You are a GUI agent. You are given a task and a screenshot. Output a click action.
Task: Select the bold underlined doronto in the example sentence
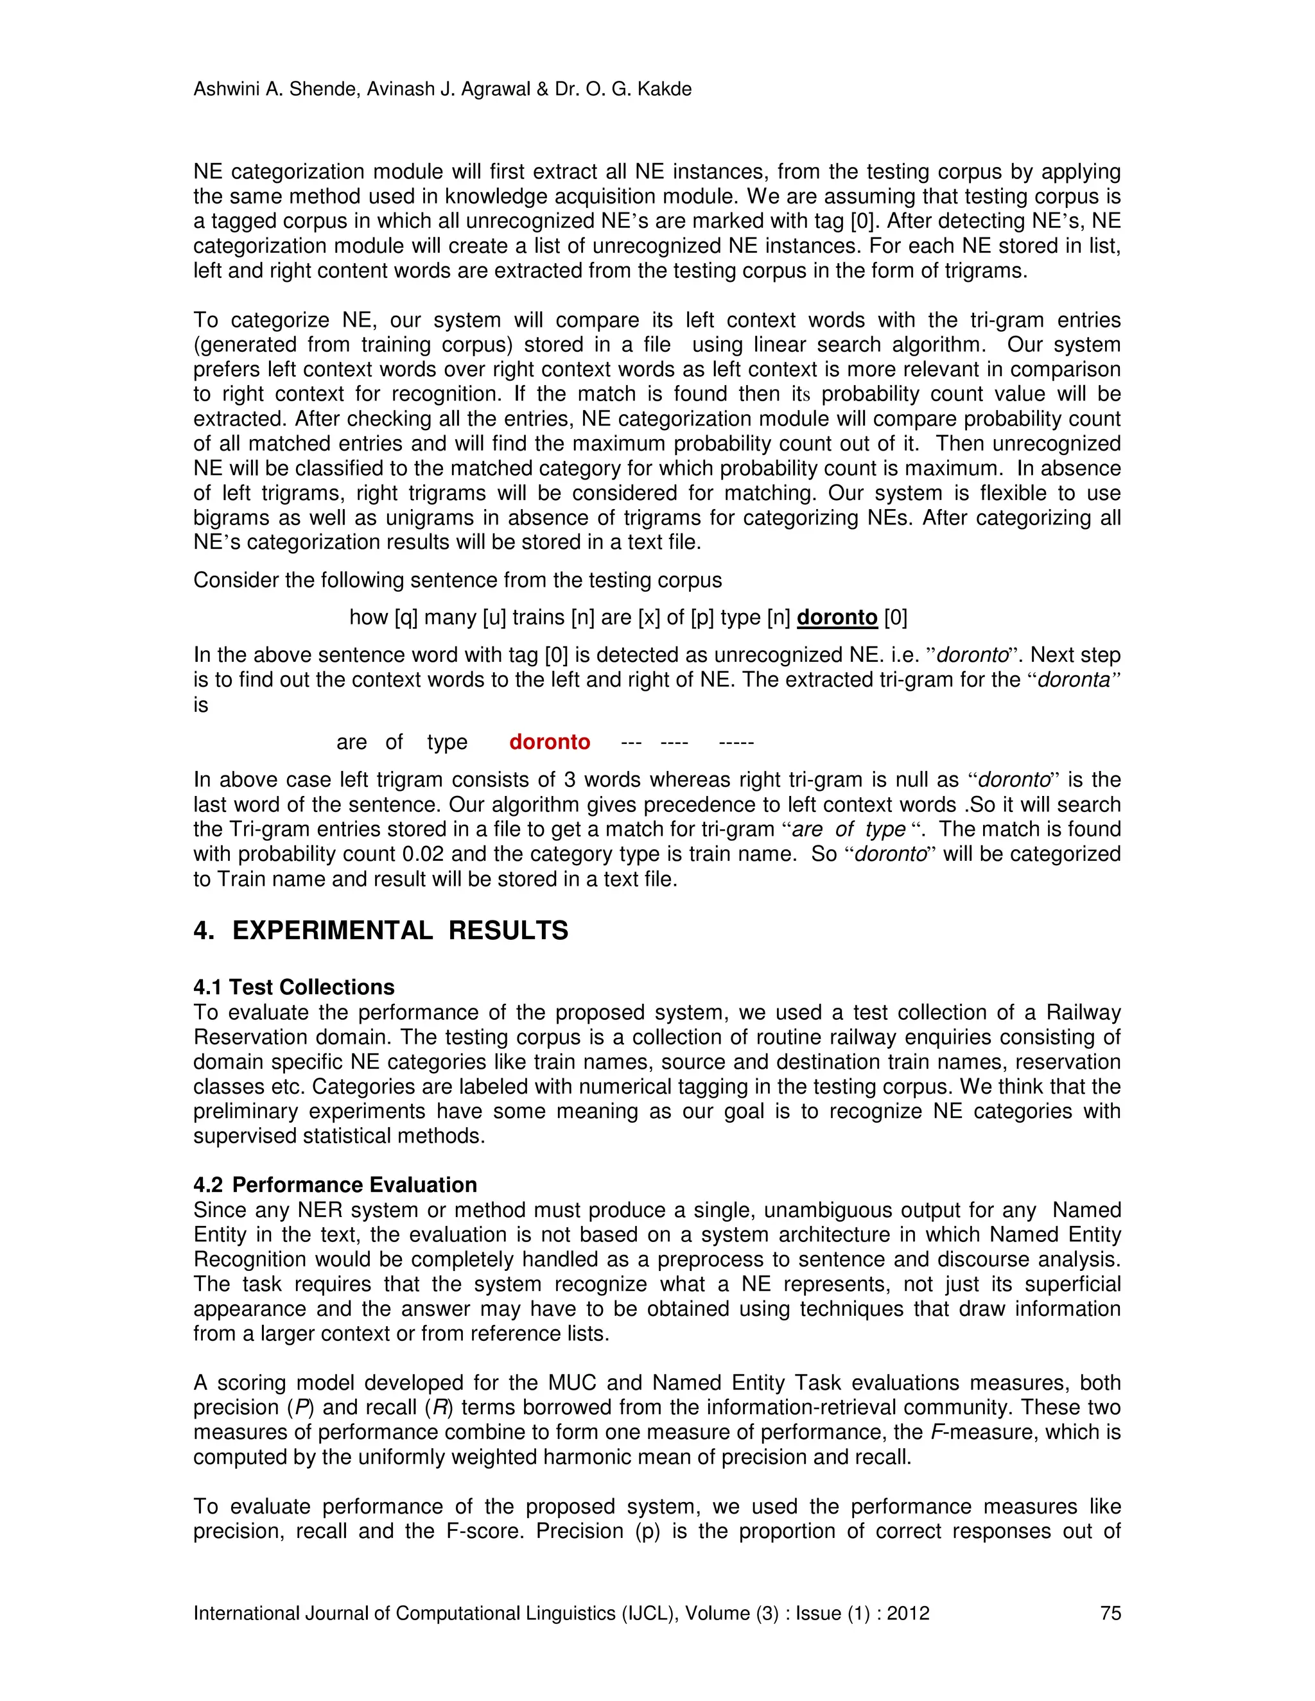point(837,617)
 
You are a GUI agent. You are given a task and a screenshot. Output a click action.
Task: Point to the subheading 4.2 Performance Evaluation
point(335,1185)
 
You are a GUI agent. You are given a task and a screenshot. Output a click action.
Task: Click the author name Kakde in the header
point(664,90)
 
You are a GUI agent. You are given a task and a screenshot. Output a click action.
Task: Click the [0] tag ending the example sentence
point(896,617)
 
